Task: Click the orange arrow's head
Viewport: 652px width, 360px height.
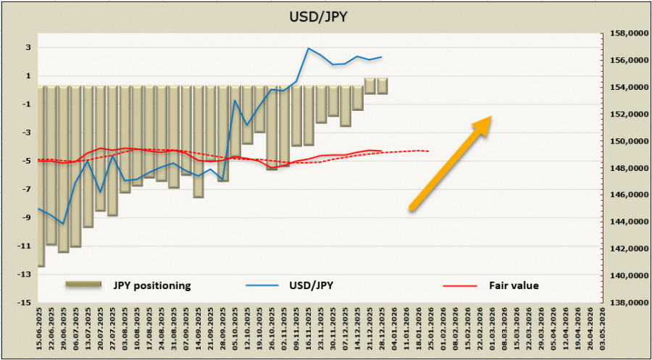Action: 483,124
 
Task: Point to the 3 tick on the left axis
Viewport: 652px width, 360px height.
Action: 28,48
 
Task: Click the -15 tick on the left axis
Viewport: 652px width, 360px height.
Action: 25,302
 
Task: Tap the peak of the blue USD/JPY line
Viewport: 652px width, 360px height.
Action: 309,49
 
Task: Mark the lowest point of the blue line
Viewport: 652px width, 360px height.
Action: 63,224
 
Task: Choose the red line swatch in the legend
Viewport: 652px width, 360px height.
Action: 460,285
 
